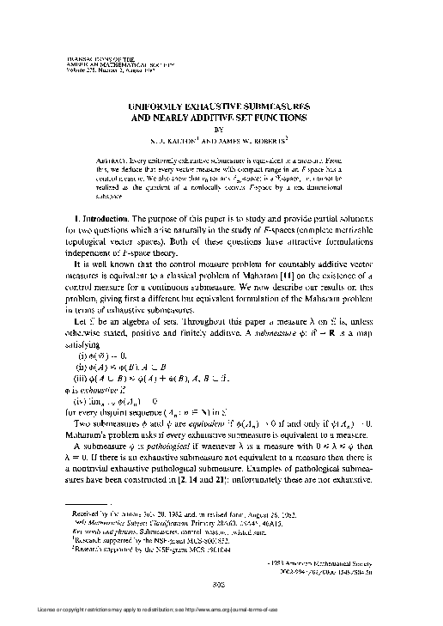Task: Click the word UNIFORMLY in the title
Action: point(155,102)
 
